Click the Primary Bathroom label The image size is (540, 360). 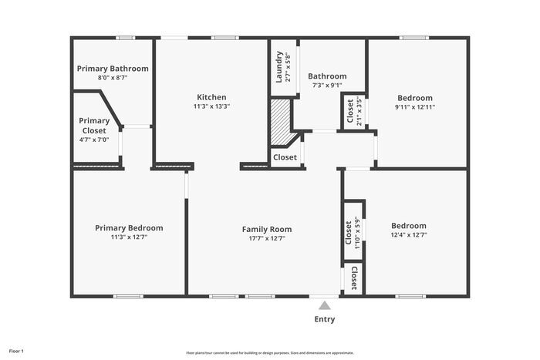(x=113, y=69)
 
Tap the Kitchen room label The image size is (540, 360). (x=211, y=97)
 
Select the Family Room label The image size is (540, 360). (x=267, y=229)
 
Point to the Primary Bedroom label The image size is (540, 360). (x=129, y=228)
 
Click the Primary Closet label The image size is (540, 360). (x=94, y=126)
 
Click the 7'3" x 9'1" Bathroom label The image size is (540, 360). (x=327, y=76)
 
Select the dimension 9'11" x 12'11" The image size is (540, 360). (x=415, y=107)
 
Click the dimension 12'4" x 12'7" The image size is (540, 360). (x=408, y=235)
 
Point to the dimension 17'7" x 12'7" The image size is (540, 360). (x=267, y=238)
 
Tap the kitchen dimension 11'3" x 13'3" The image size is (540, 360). (x=211, y=106)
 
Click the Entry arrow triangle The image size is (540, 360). (x=325, y=305)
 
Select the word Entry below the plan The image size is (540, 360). (x=325, y=319)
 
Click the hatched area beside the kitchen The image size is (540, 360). (x=279, y=122)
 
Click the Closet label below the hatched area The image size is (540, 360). (x=285, y=157)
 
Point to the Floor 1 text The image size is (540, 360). (x=16, y=352)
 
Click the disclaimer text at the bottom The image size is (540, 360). (x=269, y=352)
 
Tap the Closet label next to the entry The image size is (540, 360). (x=353, y=278)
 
